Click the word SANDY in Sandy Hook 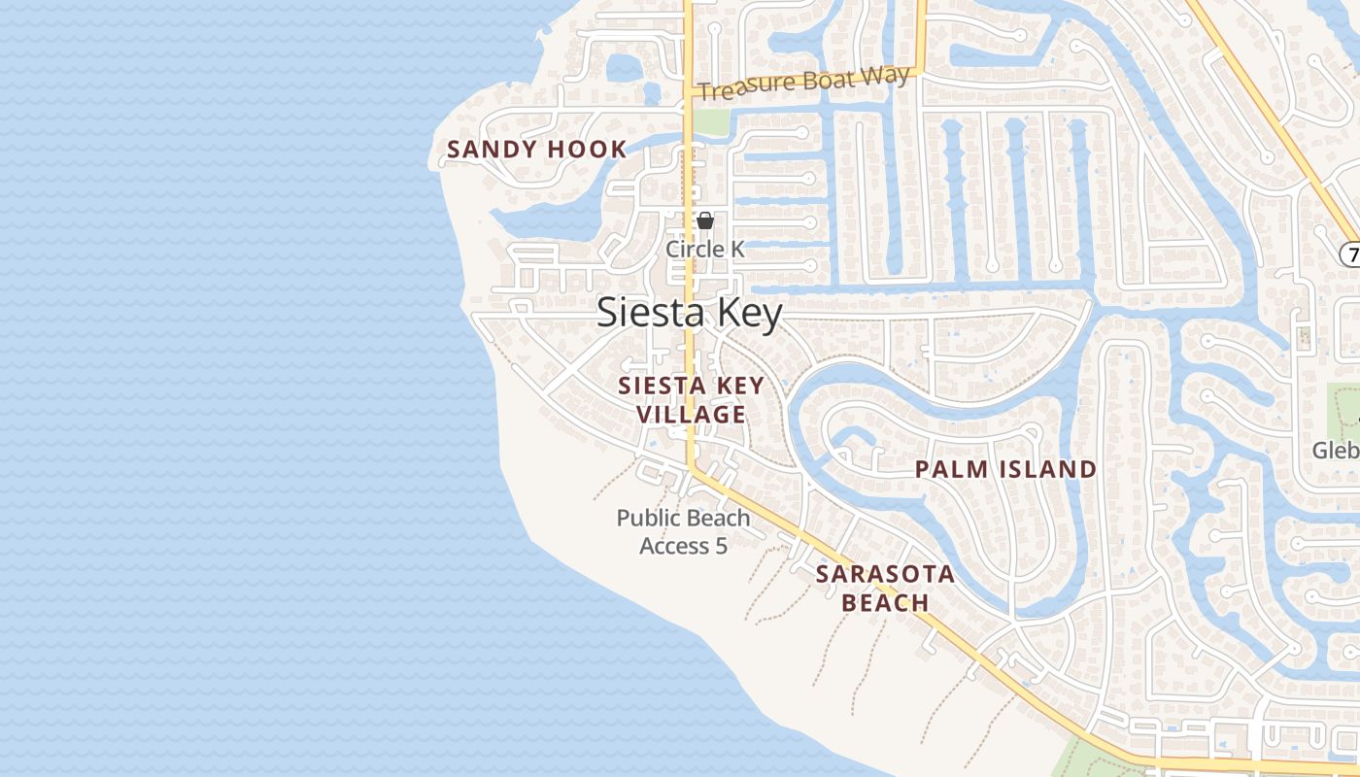click(x=491, y=150)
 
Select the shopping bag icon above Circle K click(x=705, y=221)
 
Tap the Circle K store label click(x=705, y=250)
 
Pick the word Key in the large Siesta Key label click(x=749, y=313)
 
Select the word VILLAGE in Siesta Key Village click(x=692, y=415)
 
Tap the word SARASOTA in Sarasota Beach click(x=885, y=574)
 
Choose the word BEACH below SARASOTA click(x=885, y=603)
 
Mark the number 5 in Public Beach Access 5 click(x=721, y=546)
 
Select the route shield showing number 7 click(x=1350, y=254)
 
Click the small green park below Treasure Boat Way click(x=710, y=122)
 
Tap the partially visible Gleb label click(x=1335, y=451)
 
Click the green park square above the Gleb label click(x=1343, y=403)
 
